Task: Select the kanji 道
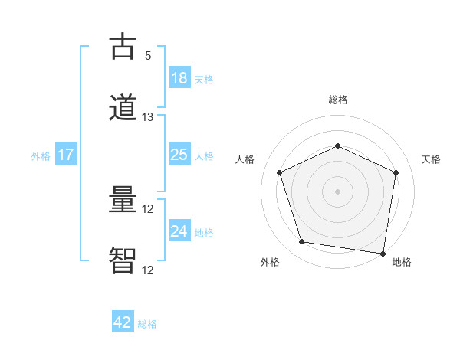tap(123, 108)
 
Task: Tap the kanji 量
tap(123, 201)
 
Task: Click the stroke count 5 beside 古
tap(148, 55)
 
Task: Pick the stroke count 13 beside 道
tap(148, 117)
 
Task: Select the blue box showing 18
tap(179, 78)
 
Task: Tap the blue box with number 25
tap(179, 155)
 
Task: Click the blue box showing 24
tap(179, 231)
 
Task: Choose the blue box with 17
tap(66, 155)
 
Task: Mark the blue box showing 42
tap(123, 322)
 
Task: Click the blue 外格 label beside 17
tap(41, 155)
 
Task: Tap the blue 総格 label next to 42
tap(147, 324)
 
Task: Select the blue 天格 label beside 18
tap(204, 79)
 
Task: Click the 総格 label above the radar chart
tap(338, 100)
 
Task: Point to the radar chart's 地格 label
tap(402, 262)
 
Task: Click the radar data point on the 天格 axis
tap(396, 172)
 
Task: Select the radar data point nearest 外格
tap(302, 242)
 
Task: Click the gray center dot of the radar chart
tap(338, 191)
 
